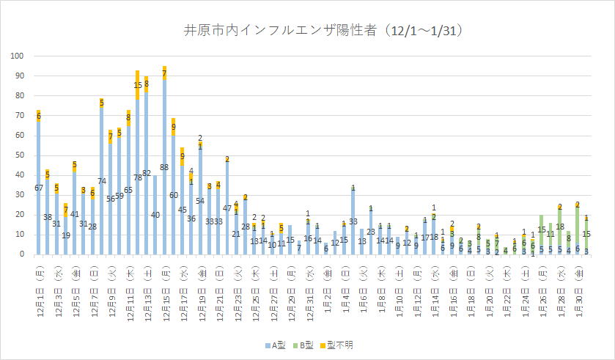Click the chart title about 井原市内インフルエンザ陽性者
pyautogui.click(x=322, y=31)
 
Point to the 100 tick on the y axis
pyautogui.click(x=18, y=56)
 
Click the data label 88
pyautogui.click(x=164, y=167)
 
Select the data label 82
pyautogui.click(x=146, y=173)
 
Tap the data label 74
pyautogui.click(x=101, y=180)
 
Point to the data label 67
pyautogui.click(x=38, y=188)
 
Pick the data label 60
pyautogui.click(x=174, y=195)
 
